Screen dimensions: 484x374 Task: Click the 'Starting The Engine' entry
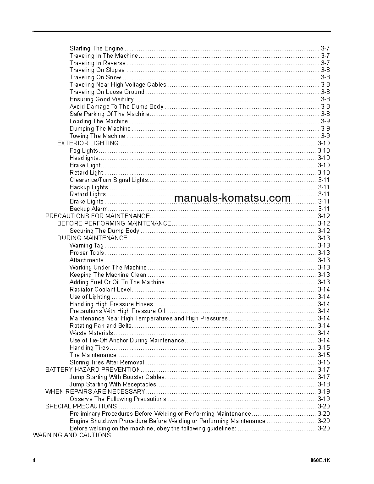pos(96,48)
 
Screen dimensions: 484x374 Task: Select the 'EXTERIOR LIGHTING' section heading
pos(88,143)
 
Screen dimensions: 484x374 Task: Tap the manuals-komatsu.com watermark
pos(232,198)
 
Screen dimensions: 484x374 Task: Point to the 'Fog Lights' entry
pos(83,150)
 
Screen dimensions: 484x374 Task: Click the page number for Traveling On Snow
pos(325,77)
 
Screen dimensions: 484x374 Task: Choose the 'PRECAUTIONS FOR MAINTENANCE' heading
pos(97,216)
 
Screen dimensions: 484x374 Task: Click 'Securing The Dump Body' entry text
pos(104,231)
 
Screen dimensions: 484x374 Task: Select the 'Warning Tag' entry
pos(87,245)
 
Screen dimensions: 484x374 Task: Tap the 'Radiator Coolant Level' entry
pos(100,289)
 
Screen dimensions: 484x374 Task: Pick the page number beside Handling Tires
pos(324,347)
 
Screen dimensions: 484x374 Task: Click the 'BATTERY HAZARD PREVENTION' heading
pos(93,369)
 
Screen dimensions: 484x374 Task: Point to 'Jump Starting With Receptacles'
pos(113,384)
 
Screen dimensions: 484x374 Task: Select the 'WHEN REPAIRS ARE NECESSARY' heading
pos(95,391)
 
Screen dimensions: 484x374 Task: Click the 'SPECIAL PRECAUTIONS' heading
pos(81,406)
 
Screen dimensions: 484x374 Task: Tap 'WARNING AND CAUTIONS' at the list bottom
pos(71,435)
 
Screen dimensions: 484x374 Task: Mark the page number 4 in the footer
pos(34,460)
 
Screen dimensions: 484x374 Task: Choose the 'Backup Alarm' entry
pos(88,209)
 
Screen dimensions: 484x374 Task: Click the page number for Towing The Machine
pos(325,136)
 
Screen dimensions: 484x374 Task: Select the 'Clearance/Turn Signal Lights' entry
pos(109,180)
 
